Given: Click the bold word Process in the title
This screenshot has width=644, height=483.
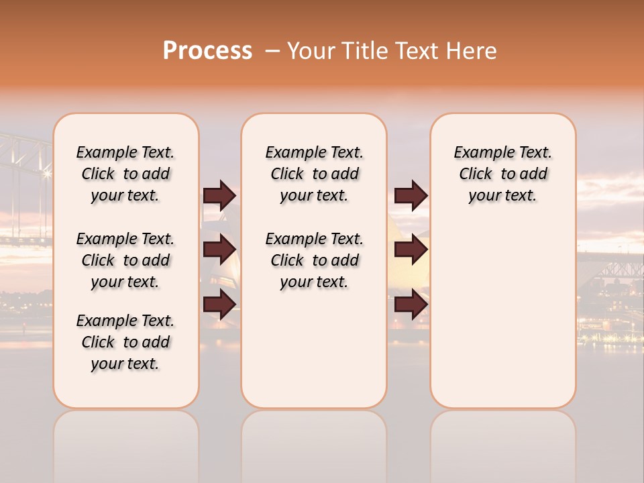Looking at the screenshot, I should (x=207, y=51).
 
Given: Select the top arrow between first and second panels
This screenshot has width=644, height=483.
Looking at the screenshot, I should (x=219, y=195).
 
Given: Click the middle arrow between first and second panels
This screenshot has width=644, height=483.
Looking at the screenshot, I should (x=219, y=250).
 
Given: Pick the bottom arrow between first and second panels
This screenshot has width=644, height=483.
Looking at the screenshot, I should (x=219, y=305).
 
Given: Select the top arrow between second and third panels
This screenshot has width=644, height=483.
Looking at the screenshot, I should (x=411, y=195).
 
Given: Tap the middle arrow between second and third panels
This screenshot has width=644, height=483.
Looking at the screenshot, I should (x=411, y=250).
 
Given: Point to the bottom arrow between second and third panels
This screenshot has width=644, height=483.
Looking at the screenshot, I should (x=411, y=305).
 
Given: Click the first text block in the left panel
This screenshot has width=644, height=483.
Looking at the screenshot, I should (x=125, y=174).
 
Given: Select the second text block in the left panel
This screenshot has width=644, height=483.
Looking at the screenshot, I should (x=125, y=260).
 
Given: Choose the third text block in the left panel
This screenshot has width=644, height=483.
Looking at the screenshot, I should (x=125, y=342).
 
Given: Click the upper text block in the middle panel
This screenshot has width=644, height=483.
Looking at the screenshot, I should (x=314, y=174).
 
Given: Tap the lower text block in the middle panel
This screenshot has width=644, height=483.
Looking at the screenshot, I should (x=314, y=260).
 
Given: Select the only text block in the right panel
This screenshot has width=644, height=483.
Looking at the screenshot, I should (x=502, y=174).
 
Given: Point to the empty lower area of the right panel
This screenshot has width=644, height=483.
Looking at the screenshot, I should (x=502, y=309).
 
